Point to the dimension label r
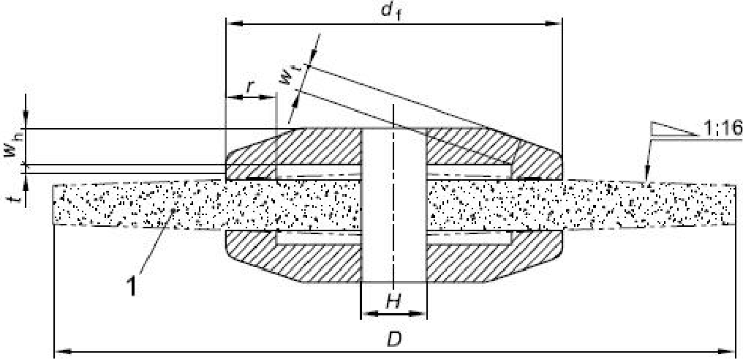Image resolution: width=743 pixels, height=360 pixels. pos(250,86)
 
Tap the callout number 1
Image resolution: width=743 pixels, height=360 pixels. pos(132,288)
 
